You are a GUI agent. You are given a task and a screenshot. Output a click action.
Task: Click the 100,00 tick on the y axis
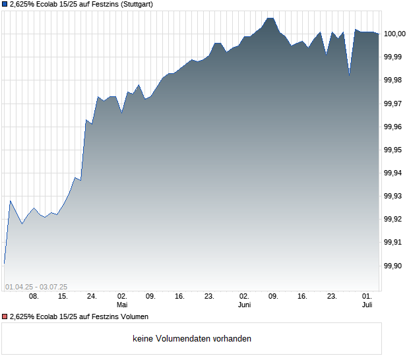(394, 34)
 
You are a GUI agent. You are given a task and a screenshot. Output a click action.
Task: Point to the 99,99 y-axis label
(394, 57)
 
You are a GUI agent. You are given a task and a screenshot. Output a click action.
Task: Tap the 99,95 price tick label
(394, 150)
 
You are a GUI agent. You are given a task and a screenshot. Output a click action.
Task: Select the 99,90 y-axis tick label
(394, 266)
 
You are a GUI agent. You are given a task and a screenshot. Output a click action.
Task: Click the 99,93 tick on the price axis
(394, 196)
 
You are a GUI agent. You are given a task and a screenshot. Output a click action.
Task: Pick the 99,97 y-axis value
(394, 104)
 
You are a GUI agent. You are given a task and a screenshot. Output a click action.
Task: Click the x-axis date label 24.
(92, 297)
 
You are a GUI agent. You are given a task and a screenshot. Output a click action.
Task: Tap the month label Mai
(121, 305)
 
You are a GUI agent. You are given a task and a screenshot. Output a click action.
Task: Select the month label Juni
(244, 305)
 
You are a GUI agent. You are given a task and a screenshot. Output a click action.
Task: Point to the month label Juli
(367, 305)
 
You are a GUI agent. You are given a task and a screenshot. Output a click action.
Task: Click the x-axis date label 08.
(34, 297)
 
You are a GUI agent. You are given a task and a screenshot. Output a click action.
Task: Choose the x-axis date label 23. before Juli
(332, 297)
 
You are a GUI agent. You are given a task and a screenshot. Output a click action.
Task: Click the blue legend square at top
(5, 5)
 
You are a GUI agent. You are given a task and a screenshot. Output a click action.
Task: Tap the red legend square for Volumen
(5, 316)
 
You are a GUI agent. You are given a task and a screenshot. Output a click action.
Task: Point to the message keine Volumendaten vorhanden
(191, 338)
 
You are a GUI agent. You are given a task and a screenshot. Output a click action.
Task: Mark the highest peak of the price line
(270, 18)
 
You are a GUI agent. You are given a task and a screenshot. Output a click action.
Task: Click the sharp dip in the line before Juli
(349, 76)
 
